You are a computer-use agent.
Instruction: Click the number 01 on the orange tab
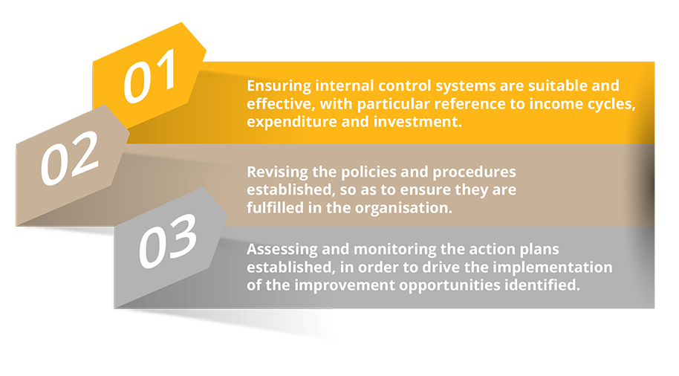[x=150, y=76]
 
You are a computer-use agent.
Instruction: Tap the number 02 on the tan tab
[x=70, y=158]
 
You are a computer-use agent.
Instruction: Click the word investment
[x=418, y=122]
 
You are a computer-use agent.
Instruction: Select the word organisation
[x=403, y=209]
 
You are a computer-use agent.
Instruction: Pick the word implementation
[x=553, y=268]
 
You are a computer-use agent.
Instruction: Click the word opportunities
[x=449, y=286]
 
